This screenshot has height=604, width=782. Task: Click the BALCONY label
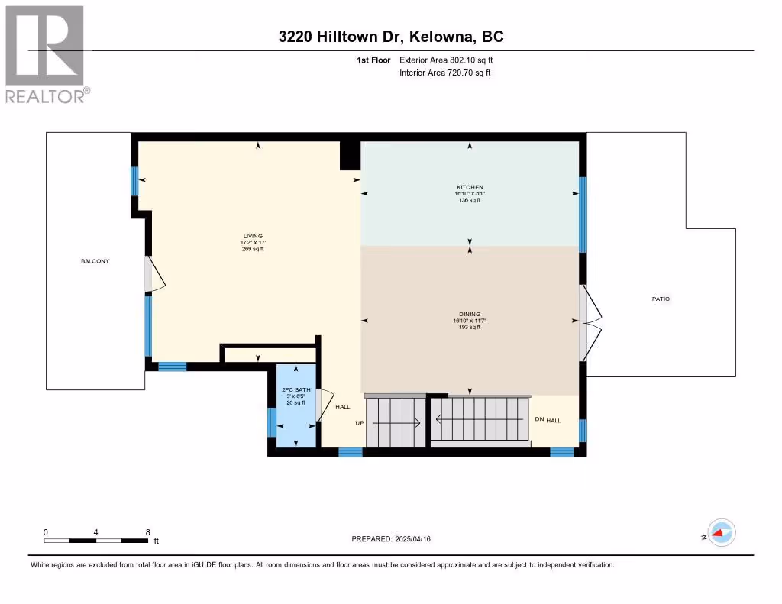(x=95, y=261)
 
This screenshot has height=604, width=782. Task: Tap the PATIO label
(x=661, y=299)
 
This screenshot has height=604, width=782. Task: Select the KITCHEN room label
(x=470, y=188)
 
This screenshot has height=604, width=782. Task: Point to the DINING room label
(x=470, y=315)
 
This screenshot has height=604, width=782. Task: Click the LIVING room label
(x=253, y=237)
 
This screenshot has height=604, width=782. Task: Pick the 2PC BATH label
(x=296, y=390)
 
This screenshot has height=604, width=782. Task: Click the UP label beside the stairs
(x=360, y=423)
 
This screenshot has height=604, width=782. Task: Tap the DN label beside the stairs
(x=539, y=419)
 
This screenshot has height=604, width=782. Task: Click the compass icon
(x=722, y=533)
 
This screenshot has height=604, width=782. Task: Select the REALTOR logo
(x=47, y=54)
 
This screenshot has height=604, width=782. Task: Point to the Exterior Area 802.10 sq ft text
(x=446, y=60)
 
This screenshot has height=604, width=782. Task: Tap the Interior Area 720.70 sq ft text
(x=445, y=73)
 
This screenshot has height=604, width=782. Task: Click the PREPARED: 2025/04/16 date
(x=391, y=539)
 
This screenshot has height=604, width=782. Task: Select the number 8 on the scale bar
(x=147, y=532)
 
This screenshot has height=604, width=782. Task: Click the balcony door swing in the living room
(x=156, y=274)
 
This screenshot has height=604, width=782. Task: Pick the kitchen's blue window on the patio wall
(x=583, y=215)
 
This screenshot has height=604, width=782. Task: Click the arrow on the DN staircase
(x=480, y=419)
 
